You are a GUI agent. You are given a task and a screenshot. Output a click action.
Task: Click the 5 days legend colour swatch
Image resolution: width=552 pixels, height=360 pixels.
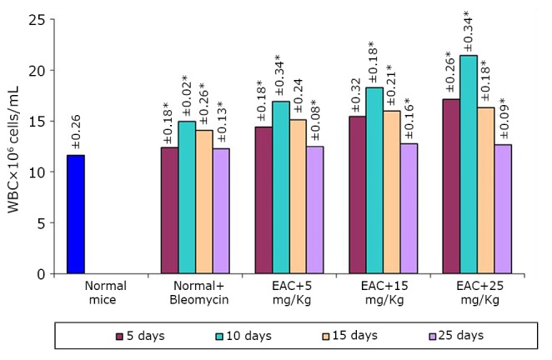coord(119,336)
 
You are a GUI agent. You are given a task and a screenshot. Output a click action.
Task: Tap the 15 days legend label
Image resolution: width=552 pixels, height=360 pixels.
coord(353,336)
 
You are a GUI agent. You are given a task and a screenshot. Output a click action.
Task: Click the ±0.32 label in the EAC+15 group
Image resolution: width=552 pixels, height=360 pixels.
coord(356,96)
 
